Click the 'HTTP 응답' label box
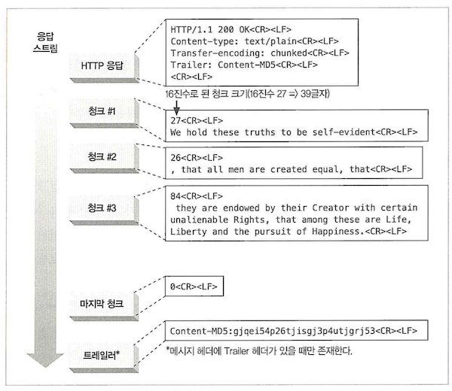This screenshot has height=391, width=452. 105,66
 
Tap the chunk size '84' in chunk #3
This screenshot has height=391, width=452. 177,193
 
